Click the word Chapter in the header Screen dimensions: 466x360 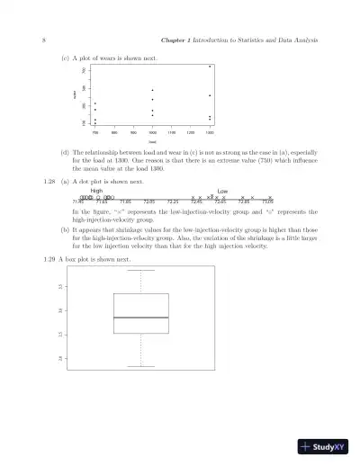pos(173,40)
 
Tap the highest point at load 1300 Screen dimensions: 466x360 pos(210,67)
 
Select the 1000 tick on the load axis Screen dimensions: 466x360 pos(153,131)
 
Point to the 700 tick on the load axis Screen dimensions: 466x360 pos(94,131)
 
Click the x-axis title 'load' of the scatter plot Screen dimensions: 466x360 pos(153,140)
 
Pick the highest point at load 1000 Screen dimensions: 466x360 pos(153,90)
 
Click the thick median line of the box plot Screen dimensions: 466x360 pos(141,318)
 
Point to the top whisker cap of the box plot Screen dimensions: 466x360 pos(141,270)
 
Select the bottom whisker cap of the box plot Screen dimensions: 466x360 pos(141,366)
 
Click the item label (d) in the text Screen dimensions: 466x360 pos(66,152)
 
